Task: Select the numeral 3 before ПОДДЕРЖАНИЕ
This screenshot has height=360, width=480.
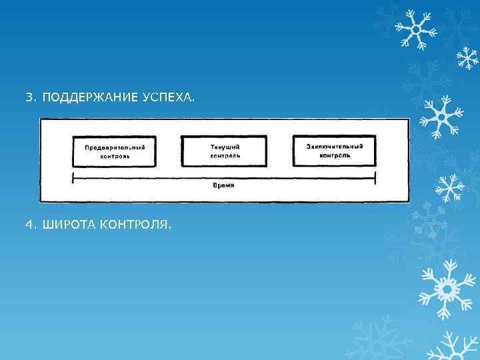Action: (x=29, y=98)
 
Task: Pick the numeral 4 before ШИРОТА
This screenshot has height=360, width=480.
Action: (x=29, y=225)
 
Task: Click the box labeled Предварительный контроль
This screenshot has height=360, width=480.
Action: (x=115, y=151)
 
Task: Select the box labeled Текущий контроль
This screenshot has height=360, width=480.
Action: (x=224, y=151)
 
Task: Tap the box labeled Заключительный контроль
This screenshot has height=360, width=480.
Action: (x=335, y=151)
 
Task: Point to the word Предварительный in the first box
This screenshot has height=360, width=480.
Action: (x=115, y=147)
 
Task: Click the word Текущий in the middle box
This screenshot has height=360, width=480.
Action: (x=225, y=147)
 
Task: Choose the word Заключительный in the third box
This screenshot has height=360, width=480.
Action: (x=335, y=146)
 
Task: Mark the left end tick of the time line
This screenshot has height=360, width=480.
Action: (x=72, y=177)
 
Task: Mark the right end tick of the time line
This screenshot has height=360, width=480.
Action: (x=375, y=177)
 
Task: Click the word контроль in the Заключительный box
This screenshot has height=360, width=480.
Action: (x=335, y=155)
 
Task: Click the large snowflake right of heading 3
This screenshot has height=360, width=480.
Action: (x=440, y=116)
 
